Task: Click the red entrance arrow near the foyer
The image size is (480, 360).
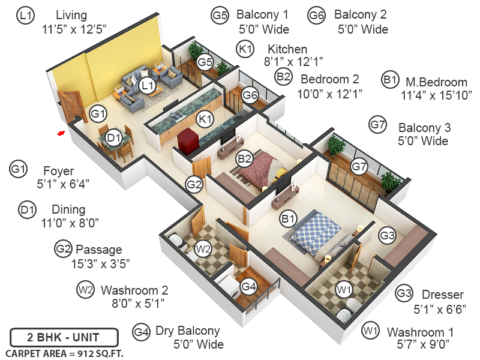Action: pyautogui.click(x=61, y=133)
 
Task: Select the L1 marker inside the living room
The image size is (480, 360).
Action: pyautogui.click(x=148, y=87)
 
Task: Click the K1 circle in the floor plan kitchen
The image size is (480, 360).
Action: pyautogui.click(x=206, y=119)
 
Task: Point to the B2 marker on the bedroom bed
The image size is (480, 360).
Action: pyautogui.click(x=244, y=160)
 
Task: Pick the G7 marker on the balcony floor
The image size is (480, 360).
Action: pyautogui.click(x=359, y=166)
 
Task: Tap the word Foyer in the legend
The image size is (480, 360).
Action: pyautogui.click(x=58, y=170)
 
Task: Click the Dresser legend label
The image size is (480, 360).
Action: pyautogui.click(x=442, y=295)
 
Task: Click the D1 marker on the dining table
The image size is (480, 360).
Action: pyautogui.click(x=114, y=138)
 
